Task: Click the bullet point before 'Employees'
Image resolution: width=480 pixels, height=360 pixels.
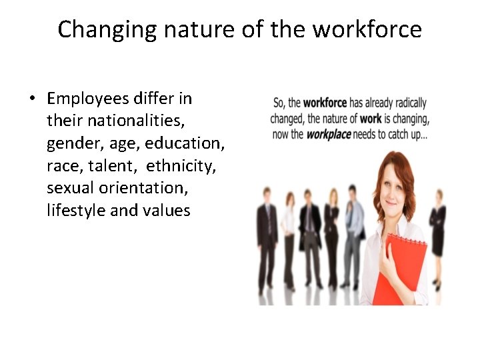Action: (x=31, y=99)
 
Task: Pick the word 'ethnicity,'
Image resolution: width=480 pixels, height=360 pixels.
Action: (x=181, y=166)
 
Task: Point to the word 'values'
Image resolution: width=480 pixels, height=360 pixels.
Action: (x=167, y=211)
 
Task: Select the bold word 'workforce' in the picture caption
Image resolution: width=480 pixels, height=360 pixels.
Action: (x=325, y=103)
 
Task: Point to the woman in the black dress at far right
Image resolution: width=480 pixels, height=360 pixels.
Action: (x=437, y=227)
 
